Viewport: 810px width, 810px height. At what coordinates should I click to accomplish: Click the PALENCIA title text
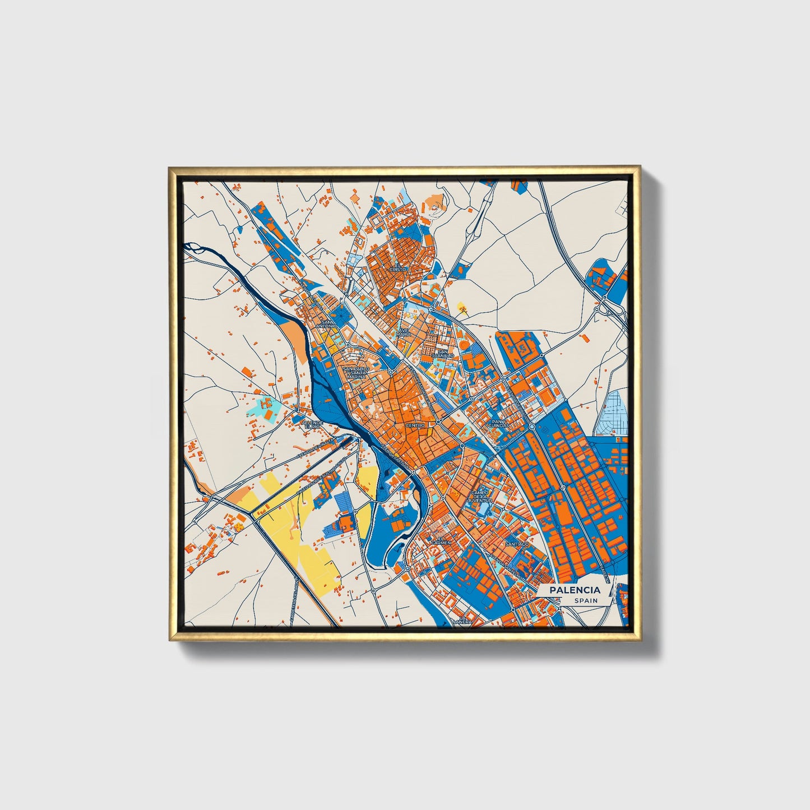574,590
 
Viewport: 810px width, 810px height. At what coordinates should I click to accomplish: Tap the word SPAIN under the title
585,600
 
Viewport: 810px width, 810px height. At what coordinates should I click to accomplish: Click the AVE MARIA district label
404,332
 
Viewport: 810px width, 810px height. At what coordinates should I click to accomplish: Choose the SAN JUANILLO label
443,354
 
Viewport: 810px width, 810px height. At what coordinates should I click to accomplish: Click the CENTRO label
415,425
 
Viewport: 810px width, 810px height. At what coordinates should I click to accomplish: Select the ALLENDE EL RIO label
313,424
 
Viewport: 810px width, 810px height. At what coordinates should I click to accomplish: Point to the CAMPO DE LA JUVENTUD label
481,496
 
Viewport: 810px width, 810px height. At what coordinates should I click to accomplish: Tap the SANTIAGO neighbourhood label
516,544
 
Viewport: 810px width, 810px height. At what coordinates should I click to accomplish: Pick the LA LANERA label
462,619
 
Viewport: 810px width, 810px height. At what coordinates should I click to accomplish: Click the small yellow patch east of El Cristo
462,306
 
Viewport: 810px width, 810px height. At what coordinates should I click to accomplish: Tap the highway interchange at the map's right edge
605,307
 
